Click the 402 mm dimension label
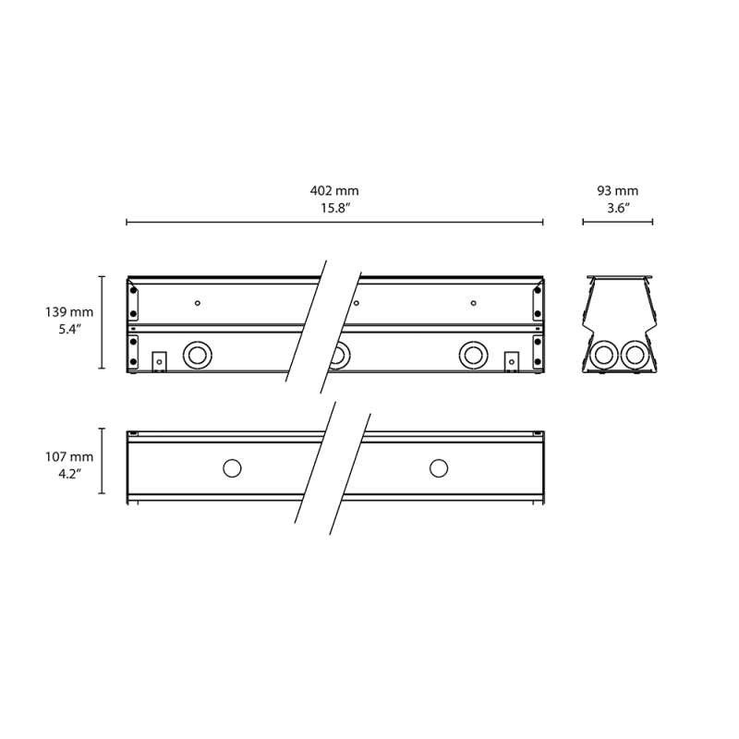(x=334, y=191)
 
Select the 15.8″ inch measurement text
(x=334, y=209)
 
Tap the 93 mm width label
(x=617, y=191)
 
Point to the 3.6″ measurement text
(x=617, y=209)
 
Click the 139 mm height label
(x=69, y=313)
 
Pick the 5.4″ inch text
(x=69, y=330)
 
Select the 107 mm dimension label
(x=69, y=456)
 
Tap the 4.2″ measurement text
(x=69, y=473)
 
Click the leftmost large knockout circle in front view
(x=197, y=354)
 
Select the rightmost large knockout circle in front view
(x=474, y=354)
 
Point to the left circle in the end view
(x=604, y=355)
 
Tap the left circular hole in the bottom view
(x=231, y=468)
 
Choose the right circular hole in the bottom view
(x=438, y=468)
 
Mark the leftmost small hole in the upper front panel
(x=197, y=302)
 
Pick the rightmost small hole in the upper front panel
(x=473, y=302)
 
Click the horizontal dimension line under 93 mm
(x=617, y=223)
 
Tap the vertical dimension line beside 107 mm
(x=102, y=462)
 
